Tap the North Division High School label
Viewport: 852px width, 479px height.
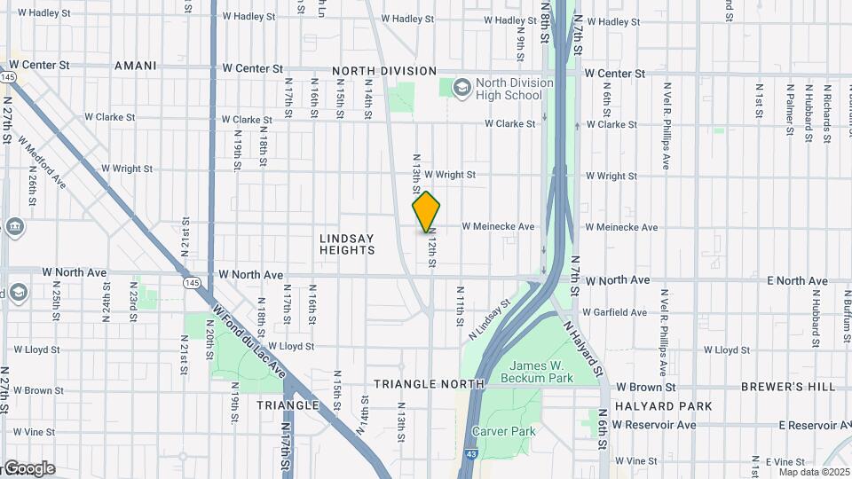pos(514,89)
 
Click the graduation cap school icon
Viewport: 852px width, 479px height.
pos(461,88)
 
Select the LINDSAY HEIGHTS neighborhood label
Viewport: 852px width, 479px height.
pos(347,244)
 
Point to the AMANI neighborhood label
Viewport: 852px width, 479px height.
pos(136,66)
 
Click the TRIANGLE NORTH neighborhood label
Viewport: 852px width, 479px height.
pos(429,384)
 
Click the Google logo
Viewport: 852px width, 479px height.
pos(28,468)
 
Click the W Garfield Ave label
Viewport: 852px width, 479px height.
pos(614,312)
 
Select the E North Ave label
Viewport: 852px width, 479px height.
pos(797,280)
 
